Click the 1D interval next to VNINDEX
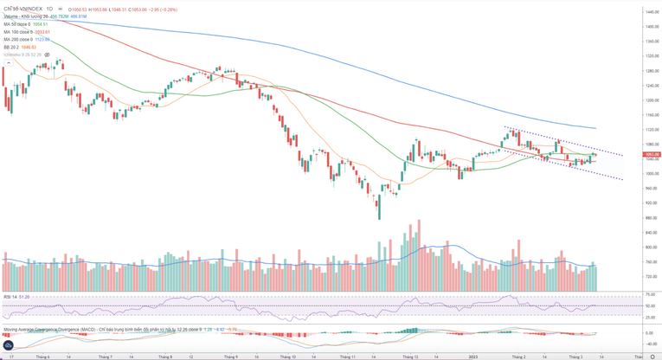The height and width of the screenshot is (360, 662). point(49,9)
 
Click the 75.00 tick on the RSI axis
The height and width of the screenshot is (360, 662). point(650,295)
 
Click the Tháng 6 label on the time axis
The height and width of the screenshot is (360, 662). point(42,356)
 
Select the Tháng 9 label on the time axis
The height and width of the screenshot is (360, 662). point(231,356)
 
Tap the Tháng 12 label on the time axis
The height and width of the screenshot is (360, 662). point(410,356)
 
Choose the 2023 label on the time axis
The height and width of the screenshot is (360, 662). point(474,356)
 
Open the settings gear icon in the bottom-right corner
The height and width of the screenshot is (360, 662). point(652,356)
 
